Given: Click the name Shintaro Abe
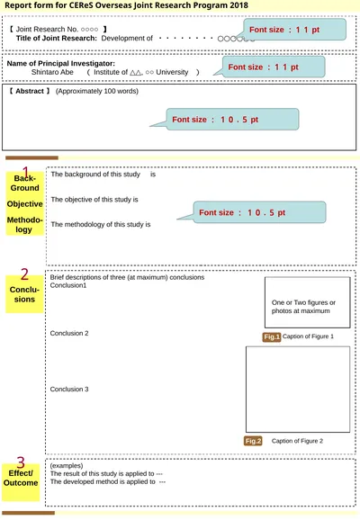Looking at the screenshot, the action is tap(52, 72).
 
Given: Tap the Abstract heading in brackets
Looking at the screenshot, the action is tap(29, 91).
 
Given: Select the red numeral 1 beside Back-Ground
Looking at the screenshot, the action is tap(25, 172).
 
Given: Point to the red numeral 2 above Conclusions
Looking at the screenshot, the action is tap(24, 274).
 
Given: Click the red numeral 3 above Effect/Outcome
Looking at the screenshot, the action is tap(21, 462).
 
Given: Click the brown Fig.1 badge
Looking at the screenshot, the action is tap(272, 337).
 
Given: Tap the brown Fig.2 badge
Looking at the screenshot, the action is tap(253, 441).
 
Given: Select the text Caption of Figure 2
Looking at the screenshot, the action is tap(297, 441).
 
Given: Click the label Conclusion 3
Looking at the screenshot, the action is tap(69, 389).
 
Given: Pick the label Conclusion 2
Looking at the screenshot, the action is tap(69, 333).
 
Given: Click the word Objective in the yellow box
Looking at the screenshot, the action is tap(25, 204).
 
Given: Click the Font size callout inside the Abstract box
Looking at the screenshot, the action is tap(232, 119).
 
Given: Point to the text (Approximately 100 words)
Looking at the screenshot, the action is tap(97, 91).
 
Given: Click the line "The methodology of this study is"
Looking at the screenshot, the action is tap(101, 225).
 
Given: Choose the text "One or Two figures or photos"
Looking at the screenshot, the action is tap(303, 307).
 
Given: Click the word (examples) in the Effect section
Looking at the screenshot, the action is tap(67, 466).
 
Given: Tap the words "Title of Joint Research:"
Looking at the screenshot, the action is tap(57, 38).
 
